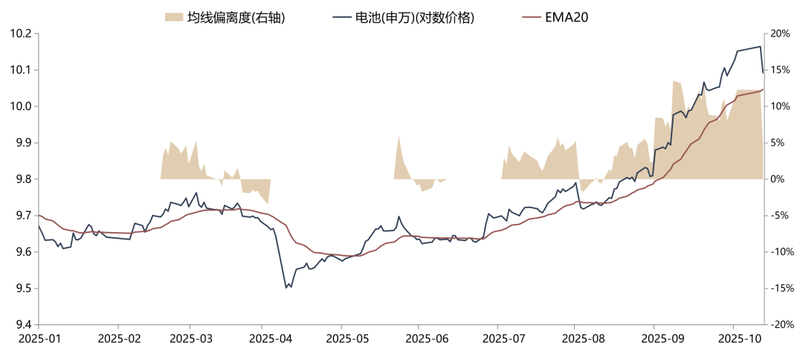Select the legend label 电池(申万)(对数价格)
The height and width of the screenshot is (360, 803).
[416, 16]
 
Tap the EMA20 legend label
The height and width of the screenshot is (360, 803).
[567, 16]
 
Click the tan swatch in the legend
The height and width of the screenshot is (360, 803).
[173, 16]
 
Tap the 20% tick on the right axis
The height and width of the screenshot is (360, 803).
[780, 34]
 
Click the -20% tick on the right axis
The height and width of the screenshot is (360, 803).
[781, 325]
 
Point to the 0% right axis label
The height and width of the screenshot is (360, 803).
[777, 179]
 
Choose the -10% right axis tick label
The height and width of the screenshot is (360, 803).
[781, 252]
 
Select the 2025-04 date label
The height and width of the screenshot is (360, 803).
[261, 339]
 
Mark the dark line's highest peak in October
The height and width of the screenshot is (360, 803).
[760, 47]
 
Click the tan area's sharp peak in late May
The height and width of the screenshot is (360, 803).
[399, 136]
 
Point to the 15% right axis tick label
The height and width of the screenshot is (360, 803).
[780, 71]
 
